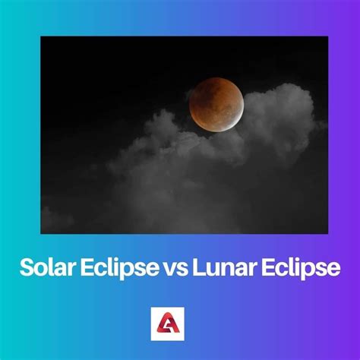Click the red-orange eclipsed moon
[x=215, y=104]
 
